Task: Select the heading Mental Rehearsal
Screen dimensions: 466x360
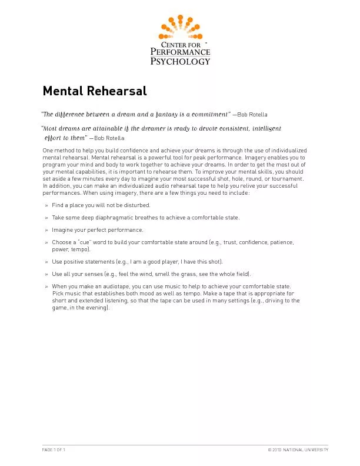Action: (x=95, y=91)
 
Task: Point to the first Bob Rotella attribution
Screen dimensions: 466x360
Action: (x=253, y=114)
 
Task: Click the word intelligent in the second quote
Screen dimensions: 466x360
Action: (x=266, y=128)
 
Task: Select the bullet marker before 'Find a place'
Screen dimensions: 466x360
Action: (x=46, y=205)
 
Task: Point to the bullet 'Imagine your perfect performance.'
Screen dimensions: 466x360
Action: (x=97, y=230)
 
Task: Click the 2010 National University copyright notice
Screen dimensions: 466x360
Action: (x=298, y=450)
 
